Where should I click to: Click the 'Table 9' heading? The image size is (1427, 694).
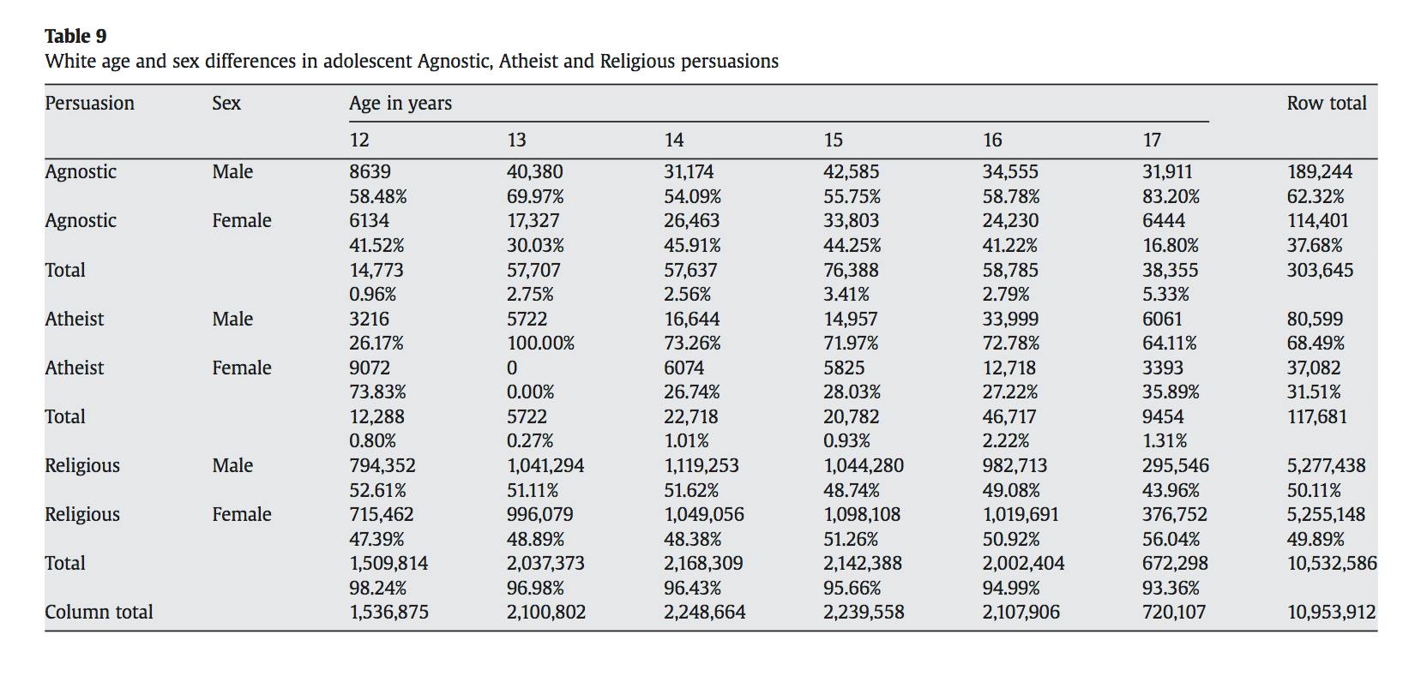pyautogui.click(x=75, y=36)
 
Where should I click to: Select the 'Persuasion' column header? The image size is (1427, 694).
pyautogui.click(x=89, y=103)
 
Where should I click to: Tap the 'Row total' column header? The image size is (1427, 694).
pyautogui.click(x=1326, y=103)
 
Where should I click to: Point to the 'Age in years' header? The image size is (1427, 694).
pyautogui.click(x=400, y=103)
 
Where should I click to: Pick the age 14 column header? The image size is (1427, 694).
pyautogui.click(x=674, y=140)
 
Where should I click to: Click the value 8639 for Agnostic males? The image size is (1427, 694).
pyautogui.click(x=370, y=171)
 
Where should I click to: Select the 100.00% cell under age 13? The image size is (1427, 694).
pyautogui.click(x=540, y=344)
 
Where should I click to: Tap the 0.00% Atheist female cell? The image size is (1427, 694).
pyautogui.click(x=530, y=392)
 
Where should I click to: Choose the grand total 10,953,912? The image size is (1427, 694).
pyautogui.click(x=1331, y=613)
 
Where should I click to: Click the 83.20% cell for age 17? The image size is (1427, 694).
pyautogui.click(x=1171, y=196)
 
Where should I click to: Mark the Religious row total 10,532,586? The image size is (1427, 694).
pyautogui.click(x=1332, y=564)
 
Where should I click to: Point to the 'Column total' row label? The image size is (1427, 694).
pyautogui.click(x=99, y=613)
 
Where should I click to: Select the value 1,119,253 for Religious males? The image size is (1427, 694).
pyautogui.click(x=701, y=466)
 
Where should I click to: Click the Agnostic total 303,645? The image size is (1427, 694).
pyautogui.click(x=1320, y=271)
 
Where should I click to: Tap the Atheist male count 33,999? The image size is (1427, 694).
pyautogui.click(x=1010, y=320)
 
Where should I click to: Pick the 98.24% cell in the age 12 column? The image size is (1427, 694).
pyautogui.click(x=377, y=589)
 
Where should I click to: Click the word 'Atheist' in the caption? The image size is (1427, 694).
pyautogui.click(x=528, y=62)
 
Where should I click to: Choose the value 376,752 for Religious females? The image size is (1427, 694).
pyautogui.click(x=1174, y=515)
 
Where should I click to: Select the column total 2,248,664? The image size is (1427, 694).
pyautogui.click(x=704, y=613)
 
